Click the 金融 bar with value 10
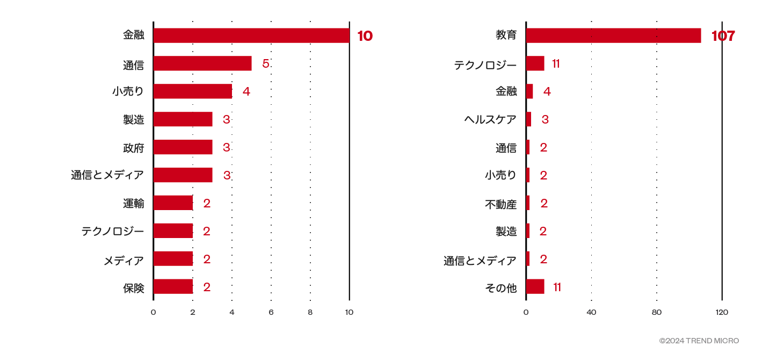251,35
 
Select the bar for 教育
613,35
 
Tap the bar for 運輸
173,203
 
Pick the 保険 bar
173,287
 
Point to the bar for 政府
183,147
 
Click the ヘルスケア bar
528,119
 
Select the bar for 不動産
528,203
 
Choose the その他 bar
535,287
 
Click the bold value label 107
723,36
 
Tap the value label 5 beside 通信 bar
265,63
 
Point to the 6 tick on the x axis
271,312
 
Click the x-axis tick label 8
310,312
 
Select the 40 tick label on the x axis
591,312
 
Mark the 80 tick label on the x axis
657,312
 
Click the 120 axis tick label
722,312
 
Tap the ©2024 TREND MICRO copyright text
699,341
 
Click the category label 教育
506,35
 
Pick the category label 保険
134,288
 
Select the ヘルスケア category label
490,119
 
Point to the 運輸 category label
134,204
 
